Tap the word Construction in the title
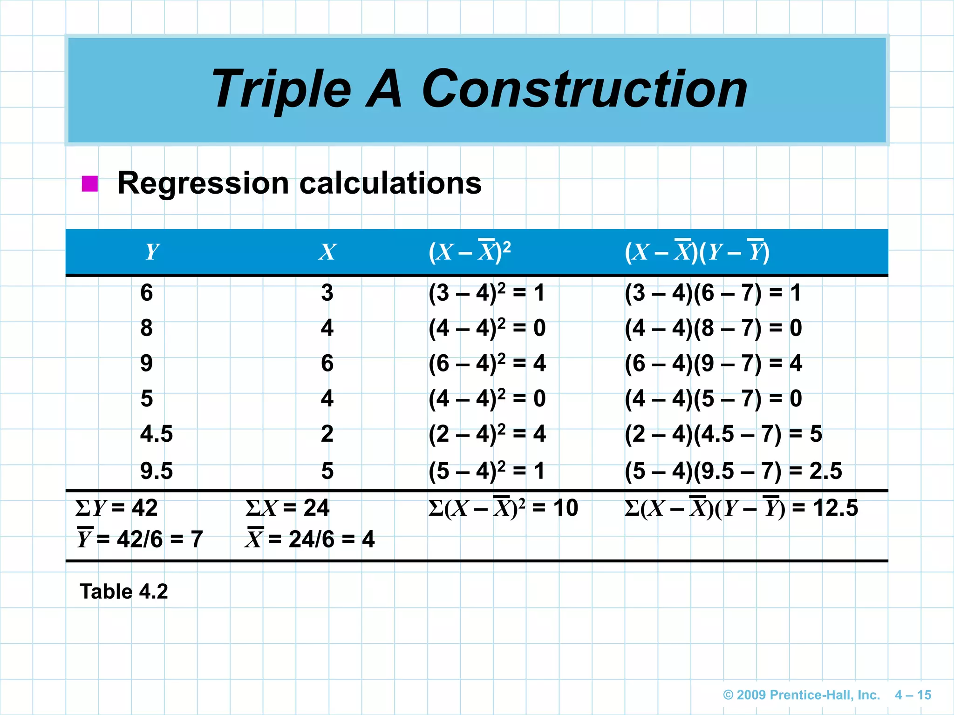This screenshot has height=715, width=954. [584, 89]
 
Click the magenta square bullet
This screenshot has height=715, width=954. [89, 183]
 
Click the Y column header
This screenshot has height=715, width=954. [152, 252]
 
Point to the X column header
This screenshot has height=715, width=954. [327, 252]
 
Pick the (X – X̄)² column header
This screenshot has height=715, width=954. [470, 251]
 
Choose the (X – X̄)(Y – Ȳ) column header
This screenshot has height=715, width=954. [697, 251]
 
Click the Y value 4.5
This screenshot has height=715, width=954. [157, 434]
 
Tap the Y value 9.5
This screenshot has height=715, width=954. [157, 471]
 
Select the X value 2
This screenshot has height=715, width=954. [327, 434]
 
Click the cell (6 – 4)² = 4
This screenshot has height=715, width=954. [487, 363]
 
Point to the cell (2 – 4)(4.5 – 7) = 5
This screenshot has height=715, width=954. [723, 434]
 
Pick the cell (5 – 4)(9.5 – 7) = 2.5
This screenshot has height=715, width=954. [733, 471]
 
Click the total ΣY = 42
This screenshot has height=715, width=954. [116, 507]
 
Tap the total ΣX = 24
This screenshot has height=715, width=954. [287, 507]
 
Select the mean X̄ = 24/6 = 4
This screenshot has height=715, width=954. [310, 539]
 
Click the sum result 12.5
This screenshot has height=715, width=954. [836, 507]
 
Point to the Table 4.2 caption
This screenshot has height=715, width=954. [124, 592]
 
